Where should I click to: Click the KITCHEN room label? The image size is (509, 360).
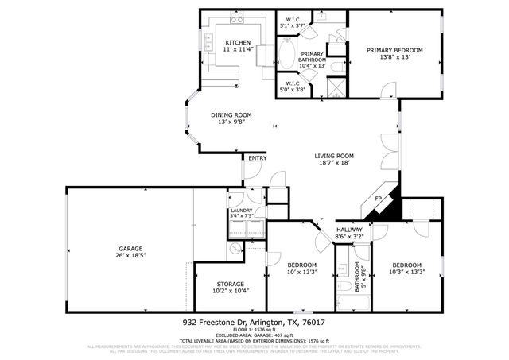point(238,42)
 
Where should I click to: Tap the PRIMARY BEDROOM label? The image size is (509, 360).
point(394,50)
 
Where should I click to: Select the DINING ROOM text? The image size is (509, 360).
point(231,114)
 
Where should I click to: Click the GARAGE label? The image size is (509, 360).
point(131,248)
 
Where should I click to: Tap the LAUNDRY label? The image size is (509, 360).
point(241,211)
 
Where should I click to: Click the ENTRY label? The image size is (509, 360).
point(257,158)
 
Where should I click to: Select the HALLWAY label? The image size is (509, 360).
point(349,229)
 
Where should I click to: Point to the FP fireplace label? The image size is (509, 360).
point(379,198)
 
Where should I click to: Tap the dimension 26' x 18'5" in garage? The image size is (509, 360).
point(131,255)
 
